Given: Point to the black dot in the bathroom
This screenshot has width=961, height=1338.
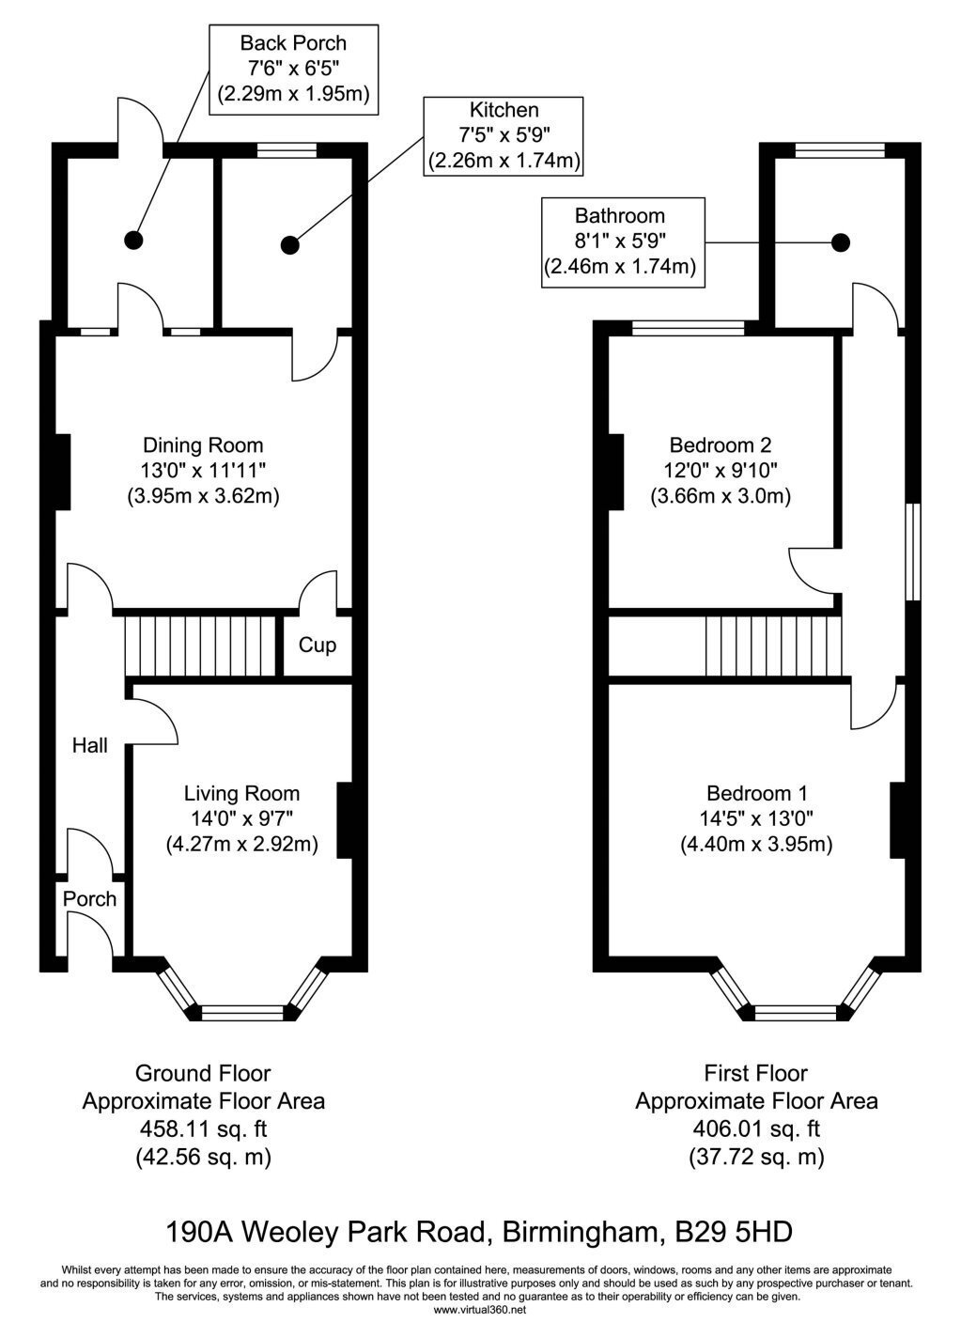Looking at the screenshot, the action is point(841,241).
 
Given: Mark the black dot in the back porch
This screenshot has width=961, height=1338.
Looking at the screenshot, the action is point(133,241).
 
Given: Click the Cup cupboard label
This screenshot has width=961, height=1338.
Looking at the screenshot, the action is point(318,646).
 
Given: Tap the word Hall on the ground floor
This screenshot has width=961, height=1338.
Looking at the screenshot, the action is point(89,745).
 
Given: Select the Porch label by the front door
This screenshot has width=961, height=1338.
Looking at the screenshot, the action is point(89,899).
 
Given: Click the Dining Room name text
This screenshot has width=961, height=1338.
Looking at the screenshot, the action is point(203,445).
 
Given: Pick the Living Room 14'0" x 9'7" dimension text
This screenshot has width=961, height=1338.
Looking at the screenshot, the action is point(241,818).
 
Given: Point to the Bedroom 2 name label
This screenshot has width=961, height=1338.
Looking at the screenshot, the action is point(721,445).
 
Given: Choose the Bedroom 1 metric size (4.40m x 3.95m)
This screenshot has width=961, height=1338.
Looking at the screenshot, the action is point(756,844).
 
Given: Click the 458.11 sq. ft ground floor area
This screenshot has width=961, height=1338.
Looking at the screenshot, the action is point(203,1129).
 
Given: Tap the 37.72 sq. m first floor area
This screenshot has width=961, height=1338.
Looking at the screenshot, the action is point(756,1157).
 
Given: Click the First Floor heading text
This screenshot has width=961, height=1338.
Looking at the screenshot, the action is point(756,1073).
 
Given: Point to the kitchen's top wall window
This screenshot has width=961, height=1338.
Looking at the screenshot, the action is point(287,150).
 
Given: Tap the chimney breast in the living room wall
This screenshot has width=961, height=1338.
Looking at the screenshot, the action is point(345,820).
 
